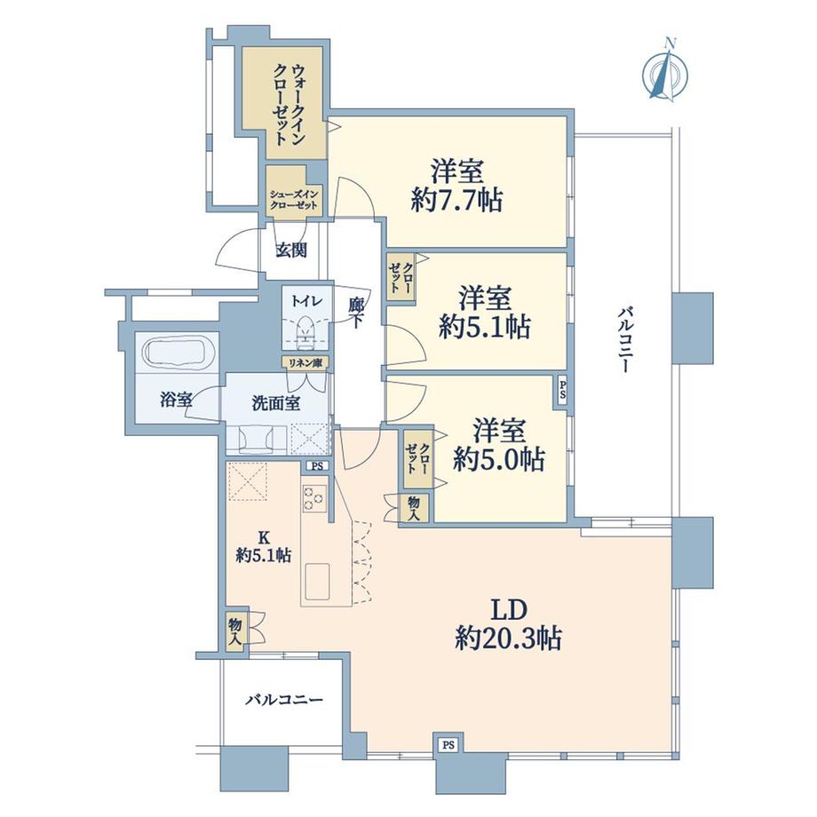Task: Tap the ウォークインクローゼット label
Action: click(x=288, y=102)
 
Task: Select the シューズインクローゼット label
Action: click(x=296, y=198)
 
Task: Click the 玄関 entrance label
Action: click(x=290, y=250)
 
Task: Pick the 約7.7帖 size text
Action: click(x=457, y=201)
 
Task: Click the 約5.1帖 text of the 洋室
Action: click(x=485, y=328)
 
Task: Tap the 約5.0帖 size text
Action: click(x=498, y=458)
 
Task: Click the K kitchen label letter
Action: click(x=263, y=536)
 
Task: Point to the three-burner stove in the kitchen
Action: click(x=314, y=497)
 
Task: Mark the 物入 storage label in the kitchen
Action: click(x=235, y=630)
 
